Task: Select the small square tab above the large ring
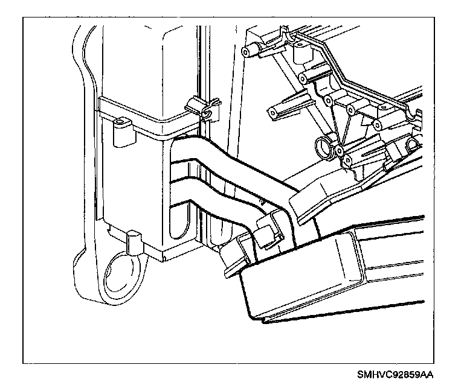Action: click(x=134, y=241)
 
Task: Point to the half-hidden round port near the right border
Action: click(x=414, y=143)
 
